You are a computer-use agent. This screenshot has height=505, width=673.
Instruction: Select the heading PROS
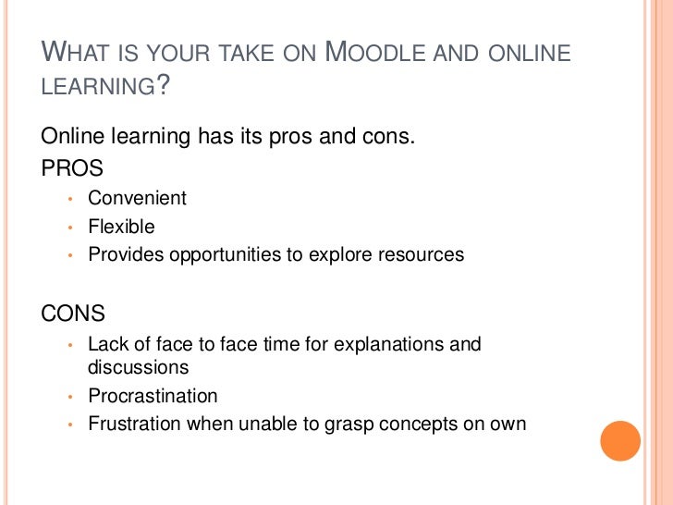tap(72, 168)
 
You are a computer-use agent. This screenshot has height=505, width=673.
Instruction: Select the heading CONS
tap(74, 314)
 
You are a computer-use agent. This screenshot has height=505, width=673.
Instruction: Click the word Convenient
tap(137, 198)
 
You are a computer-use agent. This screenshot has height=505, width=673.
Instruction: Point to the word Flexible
tap(121, 227)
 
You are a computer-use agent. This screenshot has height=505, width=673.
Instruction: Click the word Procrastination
tap(153, 396)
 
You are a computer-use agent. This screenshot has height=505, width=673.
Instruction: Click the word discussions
tap(138, 367)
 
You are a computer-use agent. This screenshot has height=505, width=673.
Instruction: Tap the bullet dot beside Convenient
tap(69, 200)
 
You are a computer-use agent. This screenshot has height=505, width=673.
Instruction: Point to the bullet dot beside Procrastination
tap(69, 398)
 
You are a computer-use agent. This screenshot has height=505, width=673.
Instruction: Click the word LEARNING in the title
tap(96, 88)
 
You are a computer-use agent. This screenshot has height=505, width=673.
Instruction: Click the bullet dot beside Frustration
tap(69, 426)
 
